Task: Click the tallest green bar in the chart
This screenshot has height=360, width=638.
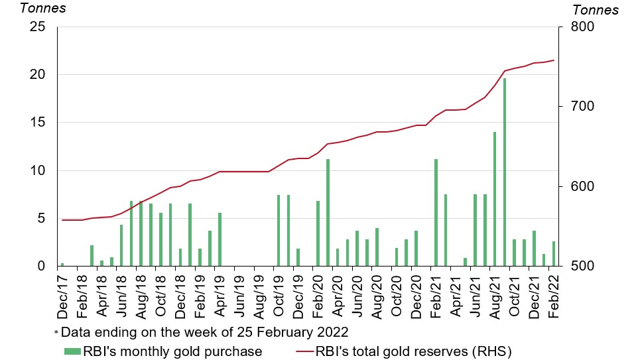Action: pyautogui.click(x=504, y=172)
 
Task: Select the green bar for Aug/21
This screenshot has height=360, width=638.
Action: pyautogui.click(x=494, y=199)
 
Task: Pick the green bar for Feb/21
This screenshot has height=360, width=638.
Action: pyautogui.click(x=436, y=212)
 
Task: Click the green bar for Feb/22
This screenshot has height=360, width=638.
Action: pyautogui.click(x=554, y=253)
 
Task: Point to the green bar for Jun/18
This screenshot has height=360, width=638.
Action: pyautogui.click(x=121, y=245)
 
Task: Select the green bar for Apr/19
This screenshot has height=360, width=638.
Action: pyautogui.click(x=220, y=239)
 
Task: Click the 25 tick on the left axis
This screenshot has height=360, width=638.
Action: pyautogui.click(x=37, y=27)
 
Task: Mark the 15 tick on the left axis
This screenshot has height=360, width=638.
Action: pyautogui.click(x=37, y=123)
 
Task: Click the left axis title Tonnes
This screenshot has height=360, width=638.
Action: pyautogui.click(x=42, y=9)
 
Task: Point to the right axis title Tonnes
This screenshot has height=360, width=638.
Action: pyautogui.click(x=595, y=10)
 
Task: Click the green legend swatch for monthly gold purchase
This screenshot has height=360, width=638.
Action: pyautogui.click(x=71, y=351)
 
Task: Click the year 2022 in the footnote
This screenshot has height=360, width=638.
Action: pyautogui.click(x=334, y=331)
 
